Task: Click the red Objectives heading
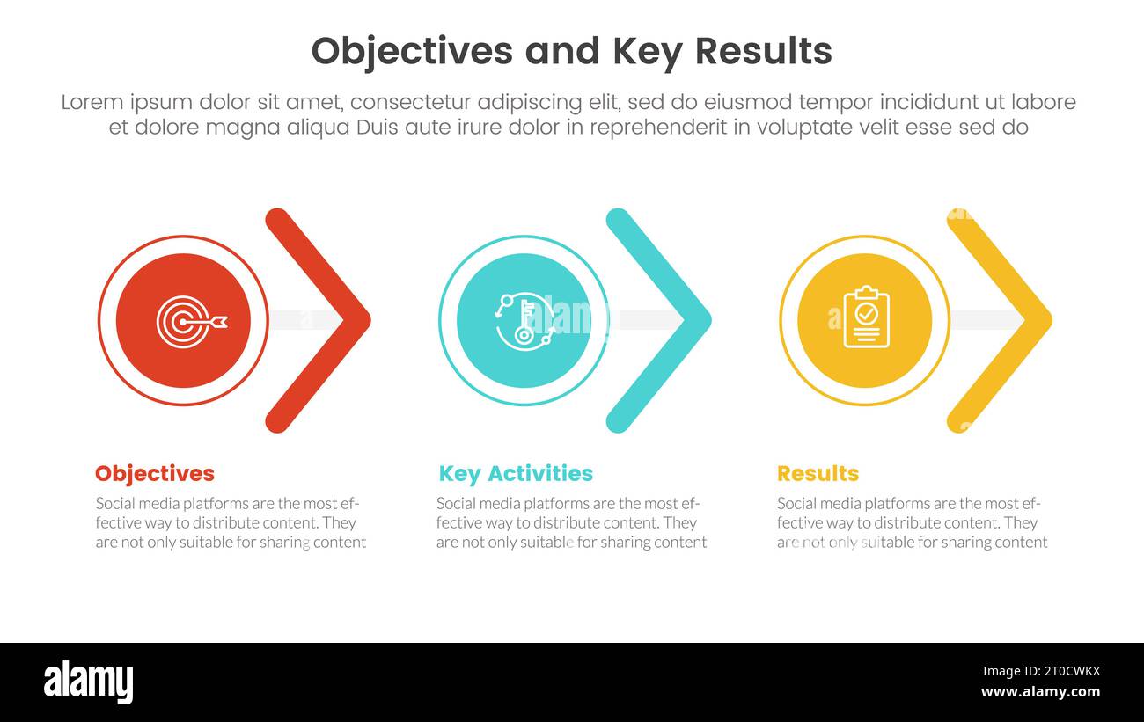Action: pyautogui.click(x=154, y=473)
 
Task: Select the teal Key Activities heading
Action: pyautogui.click(x=515, y=473)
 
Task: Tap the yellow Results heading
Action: pyautogui.click(x=817, y=473)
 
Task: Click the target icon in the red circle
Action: pyautogui.click(x=187, y=321)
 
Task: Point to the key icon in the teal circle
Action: pyautogui.click(x=524, y=321)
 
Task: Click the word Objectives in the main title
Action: pyautogui.click(x=411, y=52)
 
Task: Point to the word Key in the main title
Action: pyautogui.click(x=644, y=52)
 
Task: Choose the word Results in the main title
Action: pyautogui.click(x=763, y=52)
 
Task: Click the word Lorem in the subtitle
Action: pyautogui.click(x=92, y=103)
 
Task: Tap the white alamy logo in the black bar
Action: pyautogui.click(x=88, y=682)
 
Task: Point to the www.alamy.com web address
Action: pyautogui.click(x=1041, y=692)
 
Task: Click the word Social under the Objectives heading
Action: pyautogui.click(x=116, y=504)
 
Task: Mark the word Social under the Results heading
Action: pyautogui.click(x=798, y=504)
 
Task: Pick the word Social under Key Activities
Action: pyautogui.click(x=458, y=504)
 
